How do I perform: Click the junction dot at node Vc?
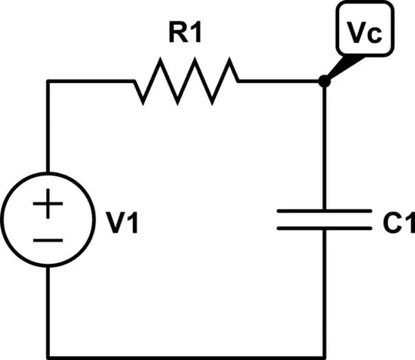coord(324,81)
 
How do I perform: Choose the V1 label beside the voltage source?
coord(123,225)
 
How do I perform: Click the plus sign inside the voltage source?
coord(48,206)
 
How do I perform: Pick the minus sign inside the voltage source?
coord(48,239)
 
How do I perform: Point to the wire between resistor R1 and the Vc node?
coord(281,81)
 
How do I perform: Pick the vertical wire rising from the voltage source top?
coord(48,127)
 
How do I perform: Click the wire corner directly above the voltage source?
coord(48,81)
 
